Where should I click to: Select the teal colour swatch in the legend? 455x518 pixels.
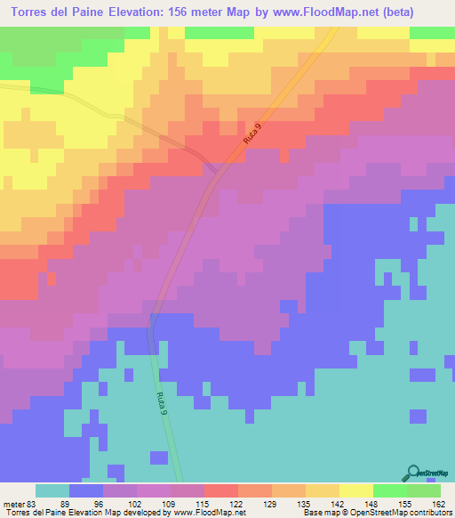coord(52,490)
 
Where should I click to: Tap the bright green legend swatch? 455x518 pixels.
coord(389,490)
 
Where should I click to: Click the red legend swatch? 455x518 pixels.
coord(220,490)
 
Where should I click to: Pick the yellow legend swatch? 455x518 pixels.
coord(355,490)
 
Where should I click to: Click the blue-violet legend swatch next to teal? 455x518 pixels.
coord(85,490)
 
